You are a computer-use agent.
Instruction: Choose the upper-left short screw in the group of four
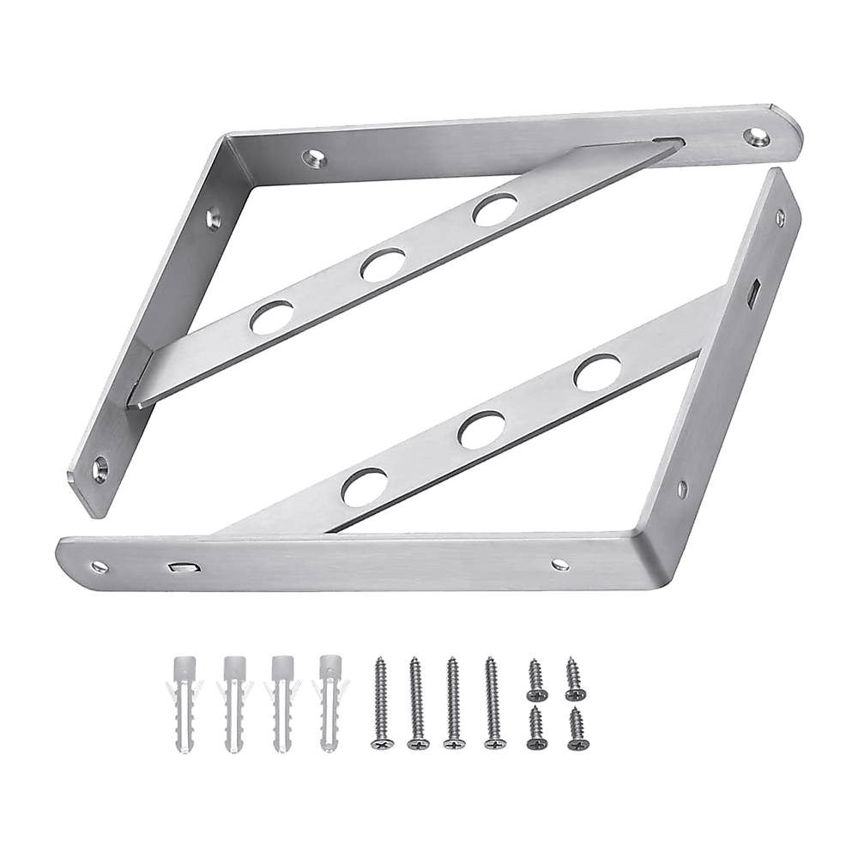point(535,677)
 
